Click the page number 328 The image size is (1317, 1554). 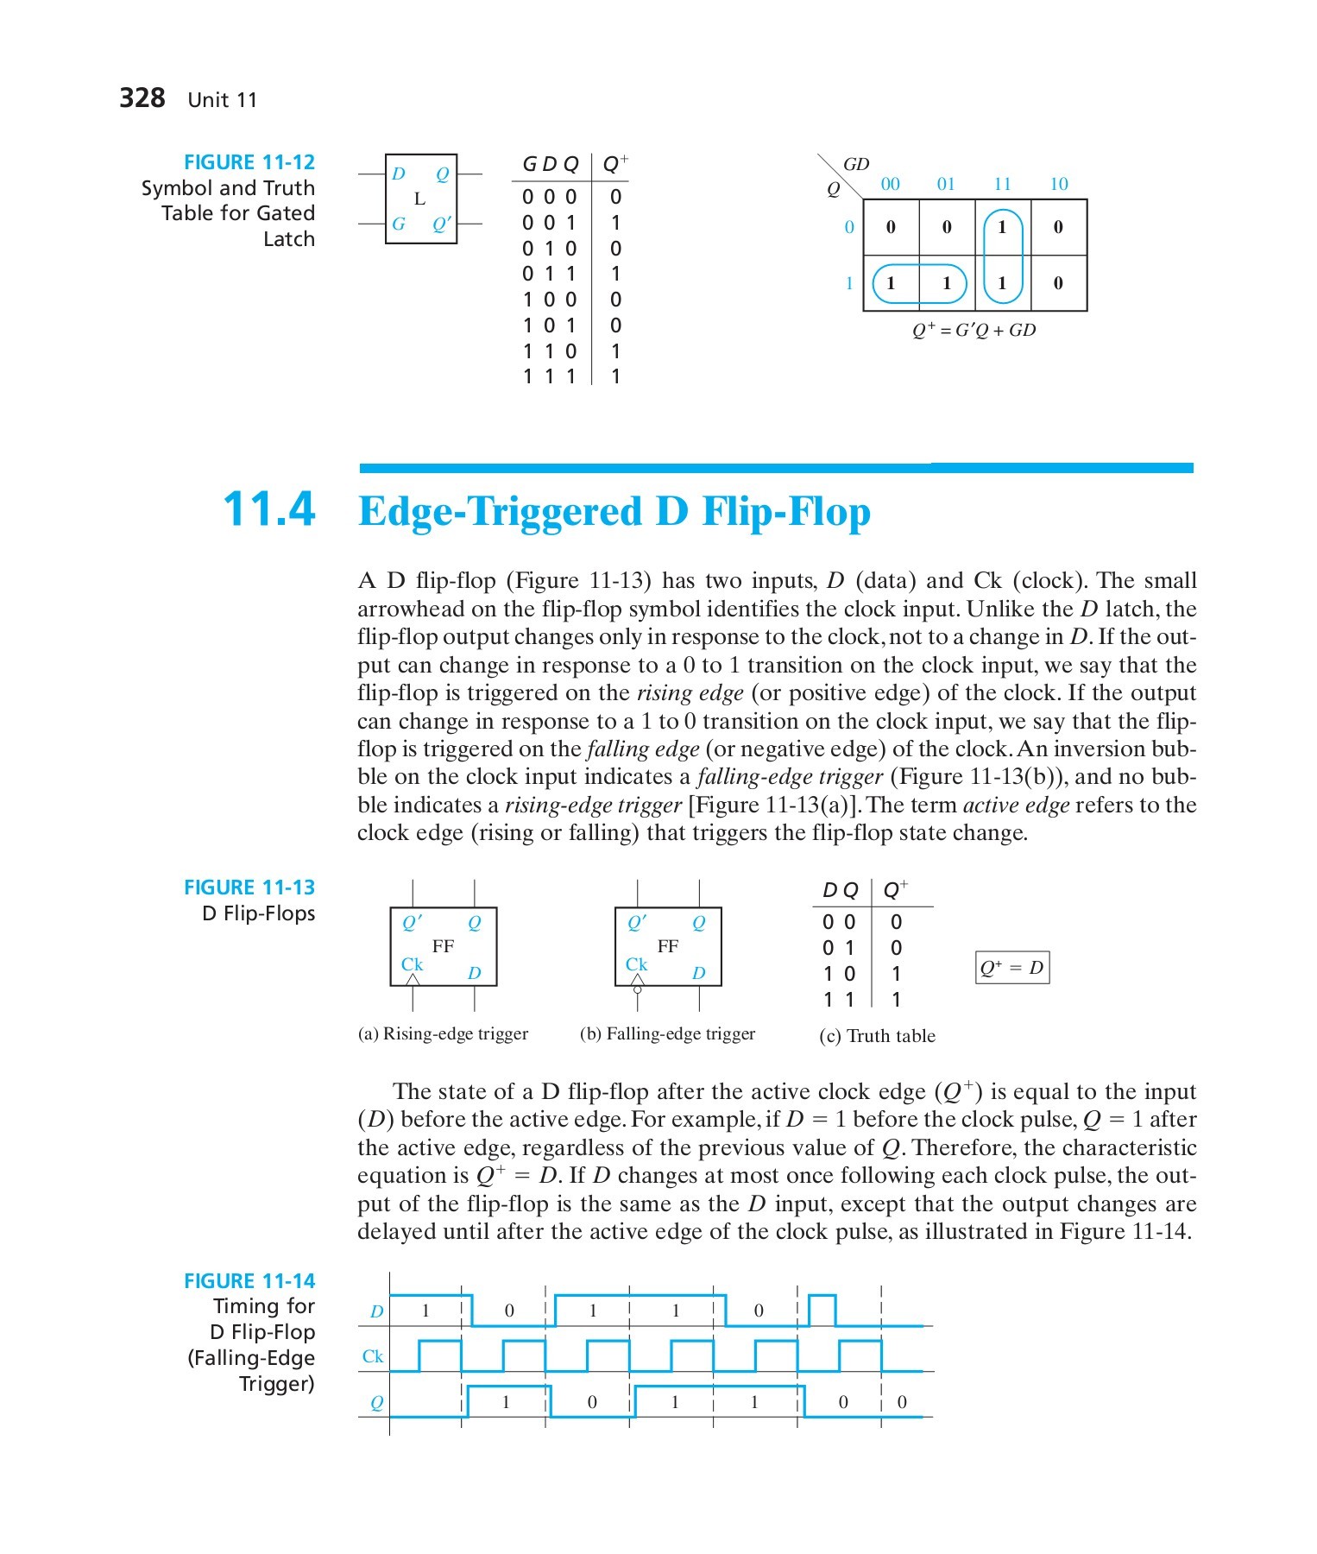point(142,98)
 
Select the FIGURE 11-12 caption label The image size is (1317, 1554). point(249,162)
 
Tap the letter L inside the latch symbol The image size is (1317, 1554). point(420,199)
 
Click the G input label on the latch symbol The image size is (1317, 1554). point(398,224)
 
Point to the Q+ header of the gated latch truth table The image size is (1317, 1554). point(615,163)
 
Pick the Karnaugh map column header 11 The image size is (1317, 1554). point(1002,184)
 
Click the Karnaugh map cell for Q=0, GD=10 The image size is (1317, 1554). point(1058,228)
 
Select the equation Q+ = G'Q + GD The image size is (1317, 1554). point(974,330)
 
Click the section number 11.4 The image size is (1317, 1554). point(269,509)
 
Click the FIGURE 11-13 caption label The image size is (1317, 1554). point(249,888)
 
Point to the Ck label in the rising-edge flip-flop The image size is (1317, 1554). point(412,963)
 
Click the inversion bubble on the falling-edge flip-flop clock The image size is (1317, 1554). point(638,990)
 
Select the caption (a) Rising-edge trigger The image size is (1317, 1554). point(443,1033)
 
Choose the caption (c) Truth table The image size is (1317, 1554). point(877,1036)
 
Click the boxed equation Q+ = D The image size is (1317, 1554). point(1012,968)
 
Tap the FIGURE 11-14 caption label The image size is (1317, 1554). point(249,1281)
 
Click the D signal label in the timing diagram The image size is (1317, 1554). point(376,1311)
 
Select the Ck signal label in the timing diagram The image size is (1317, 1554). point(373,1356)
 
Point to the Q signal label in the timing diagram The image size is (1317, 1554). point(376,1403)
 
